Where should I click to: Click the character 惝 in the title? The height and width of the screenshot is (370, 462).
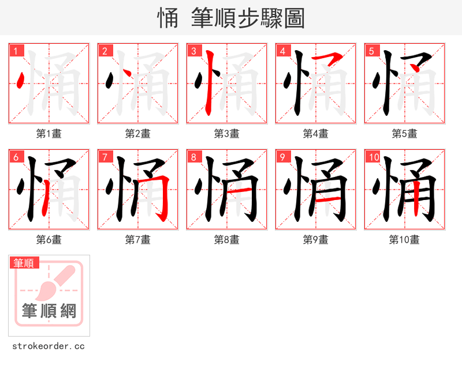[x=167, y=18]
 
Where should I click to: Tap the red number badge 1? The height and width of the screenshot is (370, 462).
[x=16, y=51]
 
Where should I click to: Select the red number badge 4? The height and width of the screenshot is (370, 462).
[x=282, y=51]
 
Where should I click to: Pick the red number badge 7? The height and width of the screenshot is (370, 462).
[x=105, y=157]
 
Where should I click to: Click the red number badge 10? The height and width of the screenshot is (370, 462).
[x=373, y=157]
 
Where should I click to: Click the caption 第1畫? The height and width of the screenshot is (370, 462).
[x=49, y=134]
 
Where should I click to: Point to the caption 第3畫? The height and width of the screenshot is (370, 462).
[x=226, y=134]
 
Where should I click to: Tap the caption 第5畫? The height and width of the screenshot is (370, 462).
[x=404, y=134]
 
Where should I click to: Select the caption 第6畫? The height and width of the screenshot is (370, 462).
[x=49, y=240]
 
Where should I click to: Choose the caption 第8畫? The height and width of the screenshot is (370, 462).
[x=226, y=240]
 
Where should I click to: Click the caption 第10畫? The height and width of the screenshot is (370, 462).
[x=404, y=240]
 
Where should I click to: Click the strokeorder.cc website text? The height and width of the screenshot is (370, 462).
[x=49, y=346]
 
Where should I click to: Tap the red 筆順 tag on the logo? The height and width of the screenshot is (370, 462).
[x=25, y=263]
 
